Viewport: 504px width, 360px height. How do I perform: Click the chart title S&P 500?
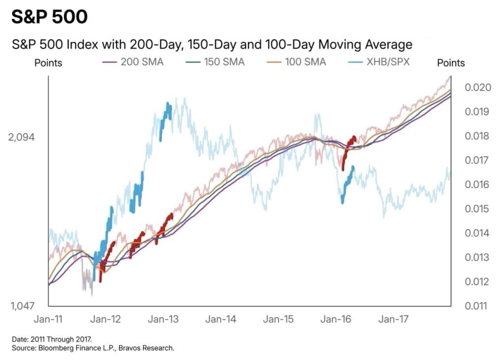pos(49,17)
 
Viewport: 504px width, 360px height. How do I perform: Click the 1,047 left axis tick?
pos(22,306)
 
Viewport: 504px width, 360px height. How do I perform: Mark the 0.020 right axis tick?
pos(477,88)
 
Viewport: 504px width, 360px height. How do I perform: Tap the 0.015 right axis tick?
pos(477,209)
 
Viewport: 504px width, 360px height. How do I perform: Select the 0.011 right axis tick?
pos(477,306)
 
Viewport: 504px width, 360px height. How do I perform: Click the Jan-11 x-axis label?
pos(49,320)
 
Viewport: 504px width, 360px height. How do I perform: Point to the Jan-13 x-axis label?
pos(163,320)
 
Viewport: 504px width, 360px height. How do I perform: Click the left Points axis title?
pos(48,63)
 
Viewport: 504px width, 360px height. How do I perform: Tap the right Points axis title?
pos(451,63)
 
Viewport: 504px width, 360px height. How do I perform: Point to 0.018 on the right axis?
pos(477,136)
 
